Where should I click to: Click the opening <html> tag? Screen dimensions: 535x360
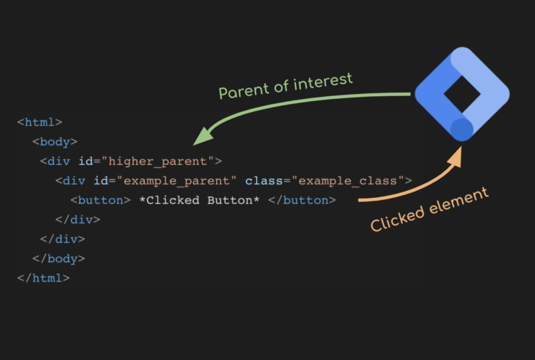click(x=40, y=122)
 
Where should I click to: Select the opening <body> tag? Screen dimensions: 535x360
click(x=55, y=141)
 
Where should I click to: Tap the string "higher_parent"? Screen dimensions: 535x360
click(x=157, y=162)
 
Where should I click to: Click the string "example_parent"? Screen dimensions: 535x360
click(x=176, y=180)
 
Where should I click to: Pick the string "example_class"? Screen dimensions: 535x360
click(x=348, y=180)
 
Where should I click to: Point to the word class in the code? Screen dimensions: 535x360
click(x=264, y=180)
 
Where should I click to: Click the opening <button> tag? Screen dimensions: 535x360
click(x=100, y=200)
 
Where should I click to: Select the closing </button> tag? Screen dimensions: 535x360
click(x=302, y=200)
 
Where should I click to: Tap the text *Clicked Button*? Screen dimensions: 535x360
click(x=200, y=200)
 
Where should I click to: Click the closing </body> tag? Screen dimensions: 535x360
click(x=59, y=258)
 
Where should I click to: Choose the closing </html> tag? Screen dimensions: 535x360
click(x=43, y=278)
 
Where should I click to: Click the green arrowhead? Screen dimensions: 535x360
click(x=203, y=136)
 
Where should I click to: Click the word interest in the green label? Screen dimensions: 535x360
click(x=323, y=82)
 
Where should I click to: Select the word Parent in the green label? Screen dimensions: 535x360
click(x=244, y=91)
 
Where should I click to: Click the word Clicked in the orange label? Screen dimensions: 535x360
click(x=398, y=219)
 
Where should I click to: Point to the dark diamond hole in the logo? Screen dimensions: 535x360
click(x=462, y=94)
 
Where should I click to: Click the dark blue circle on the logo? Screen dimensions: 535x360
click(x=462, y=130)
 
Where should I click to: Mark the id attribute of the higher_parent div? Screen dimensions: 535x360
click(x=86, y=161)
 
